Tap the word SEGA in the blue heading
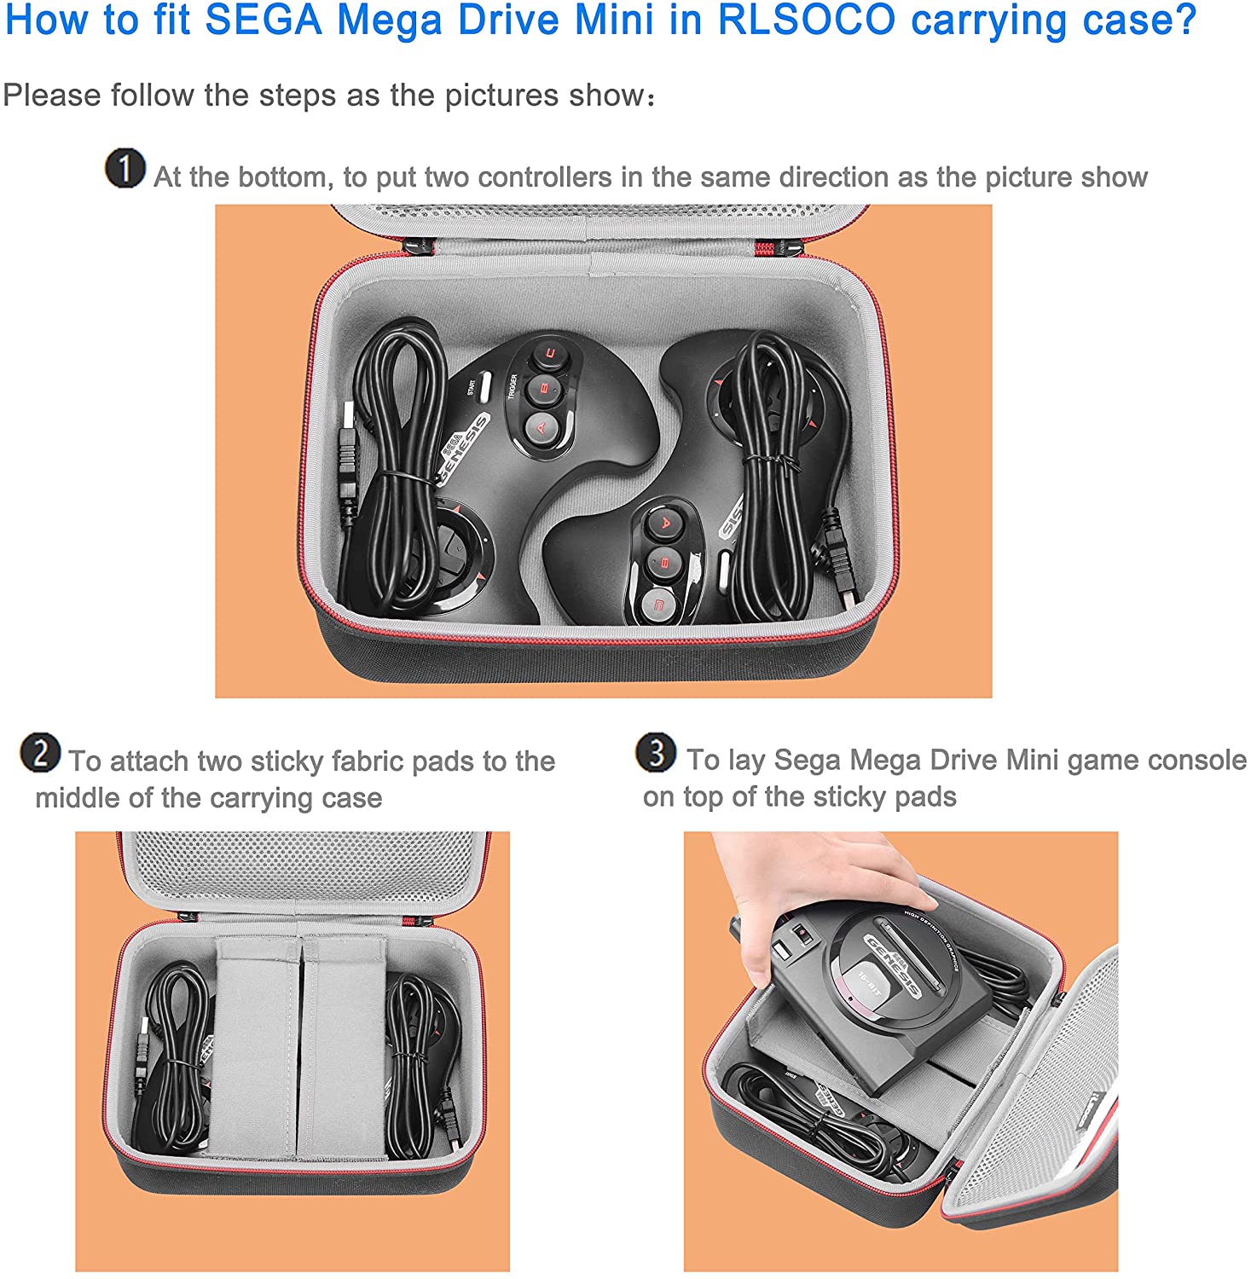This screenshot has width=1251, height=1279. click(264, 20)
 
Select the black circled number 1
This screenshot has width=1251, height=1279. click(125, 168)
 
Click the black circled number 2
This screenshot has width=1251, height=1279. click(41, 753)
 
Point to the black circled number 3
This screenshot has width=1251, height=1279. click(656, 752)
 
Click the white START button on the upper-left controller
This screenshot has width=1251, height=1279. click(484, 386)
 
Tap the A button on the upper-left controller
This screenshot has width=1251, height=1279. click(541, 428)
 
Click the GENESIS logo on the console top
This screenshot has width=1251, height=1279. click(895, 964)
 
